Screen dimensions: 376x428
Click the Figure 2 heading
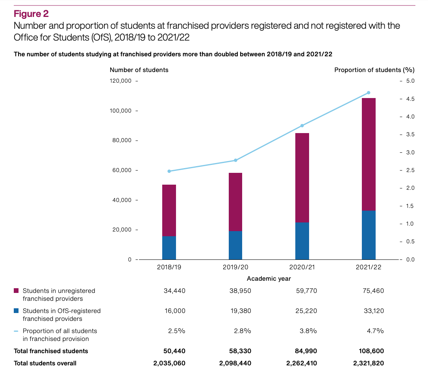coord(31,14)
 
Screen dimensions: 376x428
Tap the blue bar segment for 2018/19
coord(169,248)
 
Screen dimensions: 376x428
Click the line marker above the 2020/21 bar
coord(302,126)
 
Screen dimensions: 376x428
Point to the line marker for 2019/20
coord(235,160)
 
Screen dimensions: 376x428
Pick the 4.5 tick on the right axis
coord(410,99)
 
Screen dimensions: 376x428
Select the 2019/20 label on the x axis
coord(235,267)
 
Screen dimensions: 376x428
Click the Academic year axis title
coord(269,279)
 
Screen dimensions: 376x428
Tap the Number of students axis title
coord(139,70)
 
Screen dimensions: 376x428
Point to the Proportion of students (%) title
coord(374,70)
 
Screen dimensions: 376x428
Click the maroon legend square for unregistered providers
coord(16,291)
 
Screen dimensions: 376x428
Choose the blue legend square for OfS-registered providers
coord(16,311)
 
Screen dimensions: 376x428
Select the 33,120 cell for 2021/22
coord(373,311)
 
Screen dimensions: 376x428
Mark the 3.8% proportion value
coord(308,331)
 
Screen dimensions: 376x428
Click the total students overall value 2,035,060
coord(169,363)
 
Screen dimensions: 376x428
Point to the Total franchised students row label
coord(51,351)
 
